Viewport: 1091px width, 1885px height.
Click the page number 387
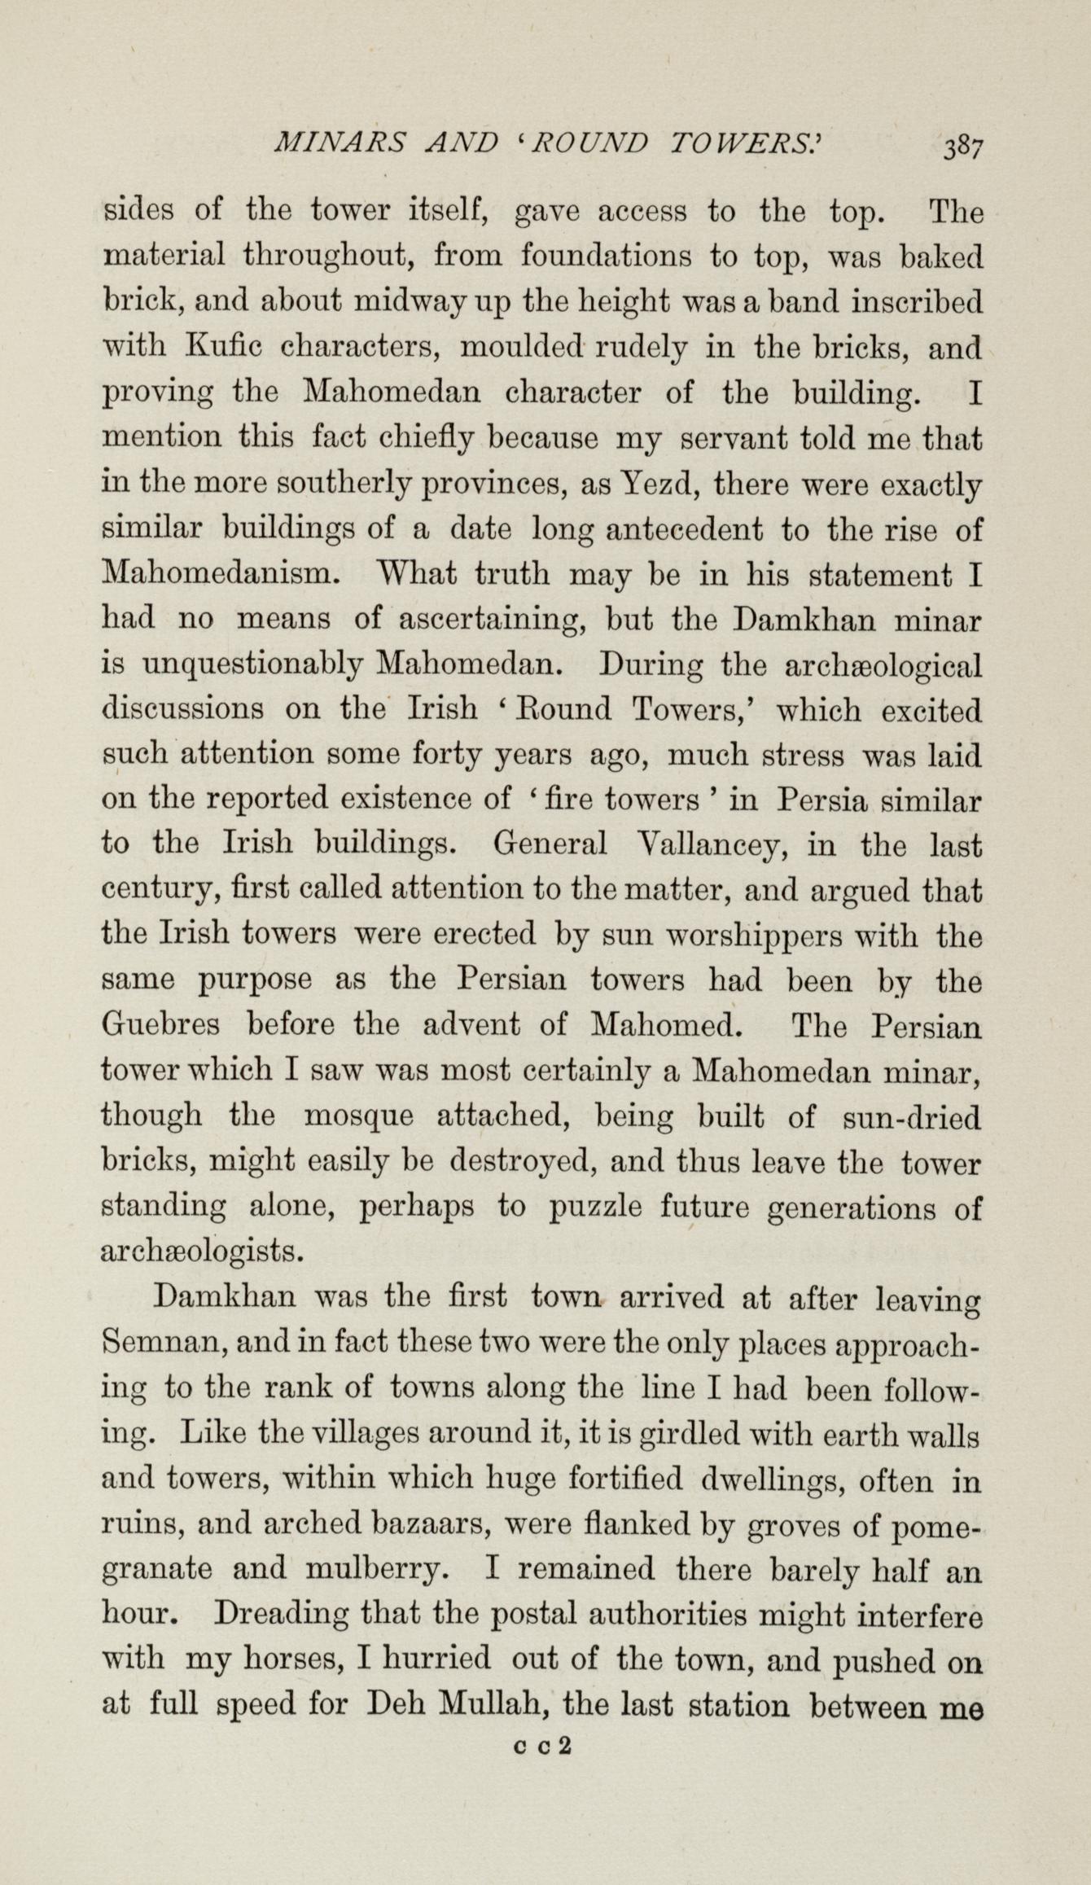[x=963, y=147]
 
